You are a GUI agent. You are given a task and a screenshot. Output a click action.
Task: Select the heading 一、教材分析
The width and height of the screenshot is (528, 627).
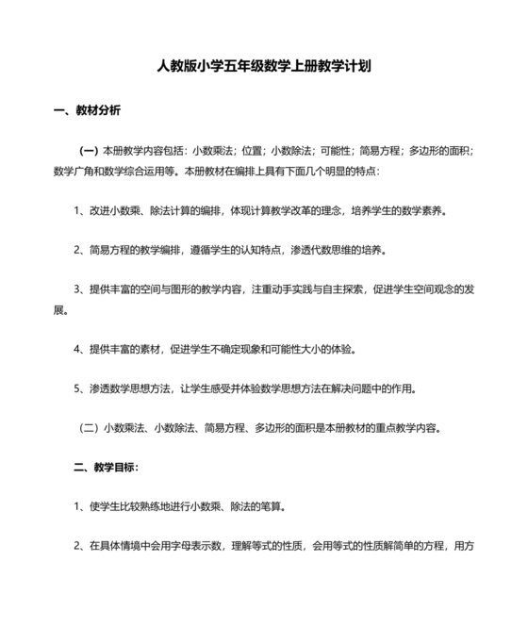pos(86,110)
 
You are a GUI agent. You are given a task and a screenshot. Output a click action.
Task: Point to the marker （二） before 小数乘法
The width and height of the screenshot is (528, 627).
pos(88,427)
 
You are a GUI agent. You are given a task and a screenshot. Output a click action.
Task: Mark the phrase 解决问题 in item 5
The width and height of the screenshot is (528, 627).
pos(352,388)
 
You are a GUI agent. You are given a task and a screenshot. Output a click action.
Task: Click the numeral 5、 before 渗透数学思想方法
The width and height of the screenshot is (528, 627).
pos(80,388)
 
